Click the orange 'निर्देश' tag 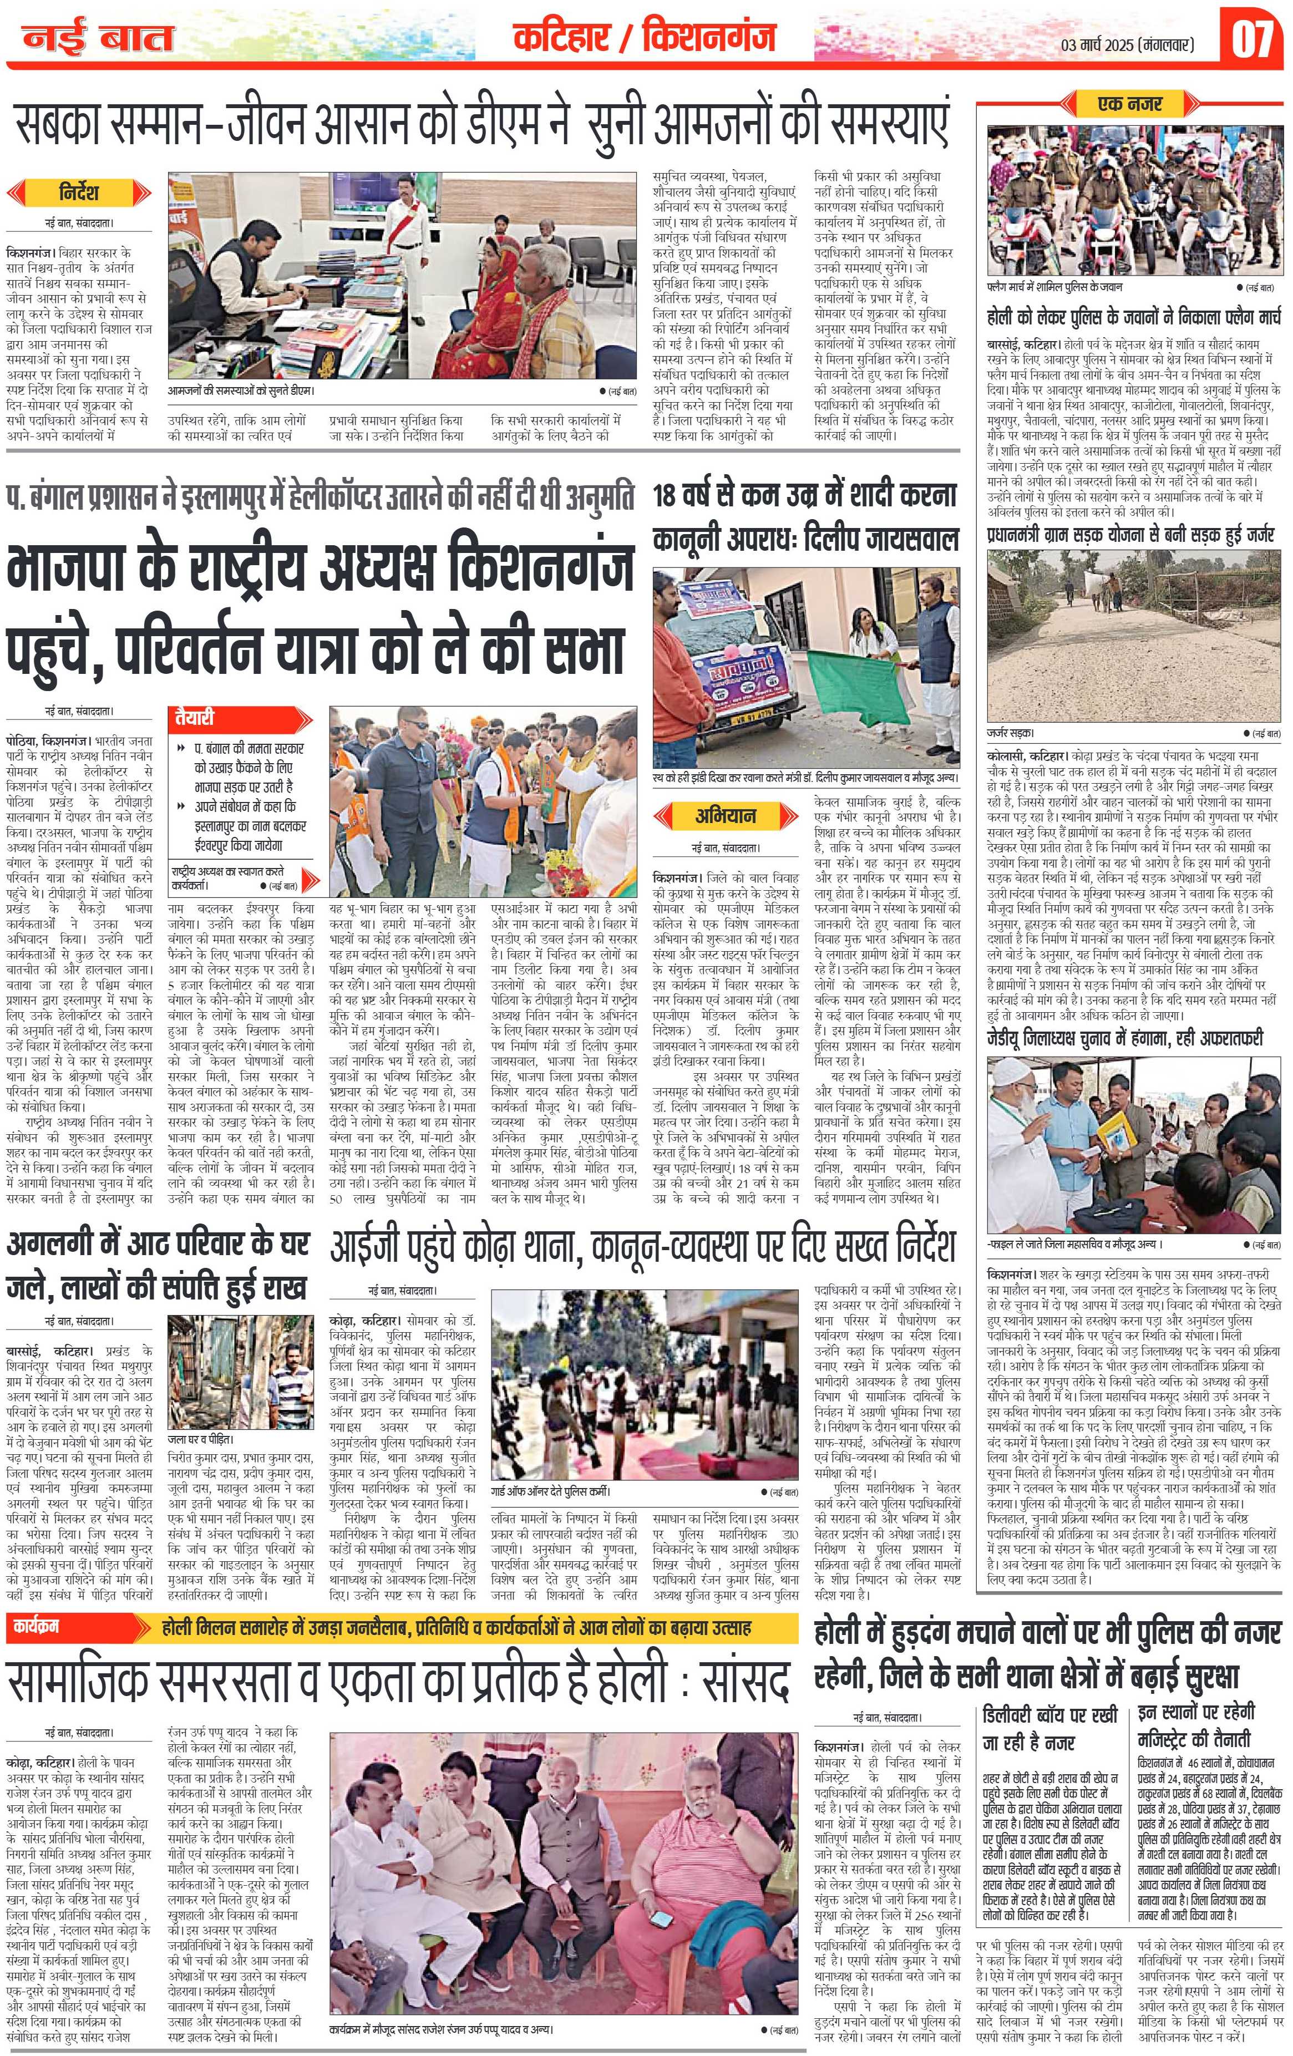(79, 190)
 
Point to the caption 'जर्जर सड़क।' (1010, 733)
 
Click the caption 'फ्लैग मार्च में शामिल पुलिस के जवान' (1054, 287)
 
